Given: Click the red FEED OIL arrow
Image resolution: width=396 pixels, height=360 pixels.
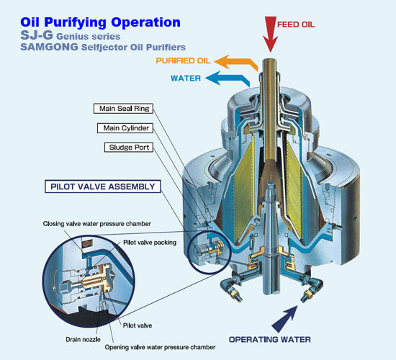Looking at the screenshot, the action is point(270,34).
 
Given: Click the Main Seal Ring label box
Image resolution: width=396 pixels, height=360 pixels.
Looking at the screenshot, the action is point(124,109).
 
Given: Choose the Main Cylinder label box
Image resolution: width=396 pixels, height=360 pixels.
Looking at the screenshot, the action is point(125,128).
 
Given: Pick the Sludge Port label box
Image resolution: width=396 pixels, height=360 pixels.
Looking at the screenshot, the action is point(129,148).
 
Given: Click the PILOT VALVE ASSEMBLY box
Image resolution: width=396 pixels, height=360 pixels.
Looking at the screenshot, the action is point(103,186).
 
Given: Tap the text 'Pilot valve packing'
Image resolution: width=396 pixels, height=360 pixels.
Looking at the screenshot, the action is point(150,243).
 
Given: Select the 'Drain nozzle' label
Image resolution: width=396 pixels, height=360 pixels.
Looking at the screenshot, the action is point(83,339).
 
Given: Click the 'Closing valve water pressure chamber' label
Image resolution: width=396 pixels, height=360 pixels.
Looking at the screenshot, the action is point(96,224).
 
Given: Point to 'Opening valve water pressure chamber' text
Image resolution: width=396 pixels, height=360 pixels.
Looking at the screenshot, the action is point(160,347).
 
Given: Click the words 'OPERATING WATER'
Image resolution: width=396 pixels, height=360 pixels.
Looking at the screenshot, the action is point(270,340).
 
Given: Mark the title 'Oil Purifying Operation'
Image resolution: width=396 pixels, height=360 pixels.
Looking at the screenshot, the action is point(100,22).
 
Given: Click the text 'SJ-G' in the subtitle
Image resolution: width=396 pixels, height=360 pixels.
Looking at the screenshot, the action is point(37,35).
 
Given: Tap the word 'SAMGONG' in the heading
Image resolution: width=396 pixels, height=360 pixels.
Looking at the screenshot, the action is point(49,47).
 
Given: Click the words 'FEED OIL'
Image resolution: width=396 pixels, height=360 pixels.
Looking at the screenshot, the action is point(296,24).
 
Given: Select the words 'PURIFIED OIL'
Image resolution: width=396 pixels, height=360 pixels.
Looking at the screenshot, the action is point(183,60).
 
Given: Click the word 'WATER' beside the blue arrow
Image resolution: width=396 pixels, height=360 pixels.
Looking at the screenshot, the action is point(186,78).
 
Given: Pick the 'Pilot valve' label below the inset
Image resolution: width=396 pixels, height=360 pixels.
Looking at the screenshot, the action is point(138,325).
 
